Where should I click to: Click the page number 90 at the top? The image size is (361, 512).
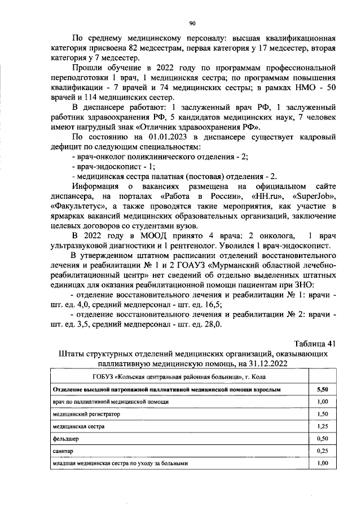[x=192, y=23]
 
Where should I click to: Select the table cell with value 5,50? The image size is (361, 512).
[x=323, y=389]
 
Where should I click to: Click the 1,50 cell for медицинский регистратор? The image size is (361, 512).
[x=323, y=414]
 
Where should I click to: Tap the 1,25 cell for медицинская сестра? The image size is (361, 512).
[x=323, y=426]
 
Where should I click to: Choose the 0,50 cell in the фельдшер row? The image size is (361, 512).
[x=323, y=439]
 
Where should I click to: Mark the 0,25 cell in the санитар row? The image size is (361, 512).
[x=323, y=451]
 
